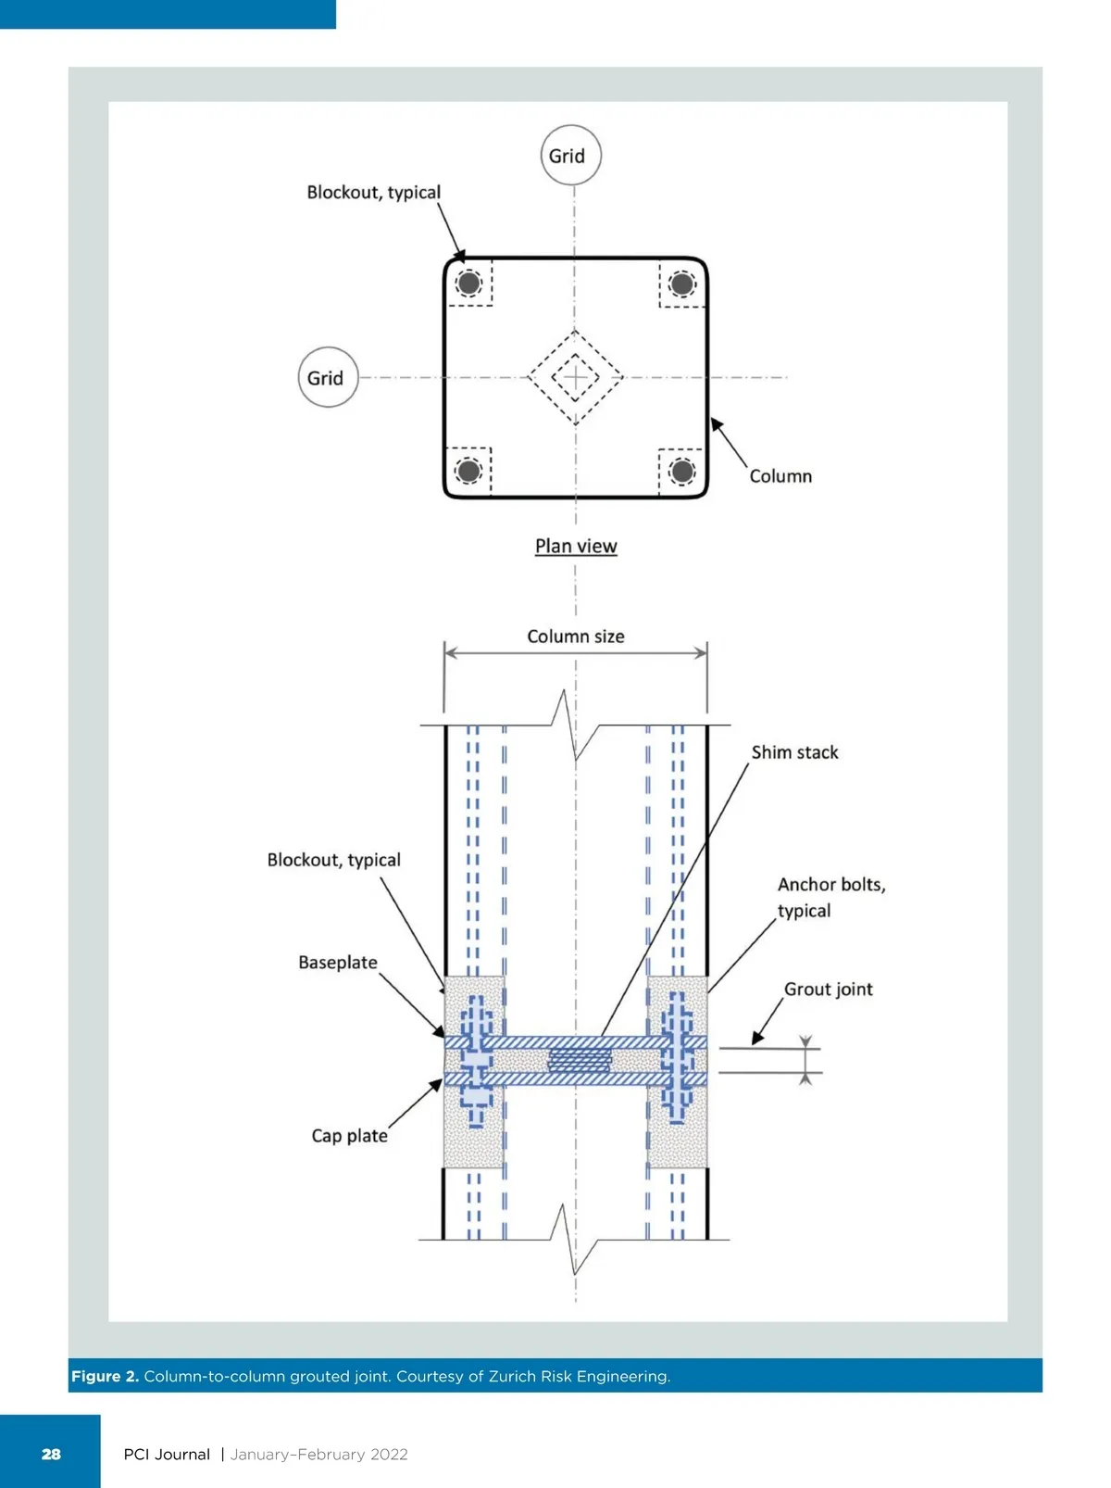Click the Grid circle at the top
click(x=570, y=156)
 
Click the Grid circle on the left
click(x=328, y=378)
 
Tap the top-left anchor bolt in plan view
click(x=469, y=283)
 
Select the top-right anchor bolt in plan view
click(x=682, y=283)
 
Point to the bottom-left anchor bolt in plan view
click(x=469, y=471)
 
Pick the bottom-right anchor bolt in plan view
click(x=682, y=471)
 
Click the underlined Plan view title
click(x=576, y=546)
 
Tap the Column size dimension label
click(x=576, y=637)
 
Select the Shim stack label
click(x=794, y=752)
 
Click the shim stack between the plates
click(x=580, y=1061)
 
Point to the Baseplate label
click(x=338, y=963)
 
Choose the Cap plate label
click(x=349, y=1136)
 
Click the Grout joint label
click(x=828, y=990)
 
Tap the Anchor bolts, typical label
click(x=830, y=897)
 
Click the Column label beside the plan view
click(x=780, y=476)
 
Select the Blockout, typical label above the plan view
click(x=374, y=193)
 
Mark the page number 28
click(x=51, y=1454)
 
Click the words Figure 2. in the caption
click(x=105, y=1376)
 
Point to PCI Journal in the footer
click(x=167, y=1454)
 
